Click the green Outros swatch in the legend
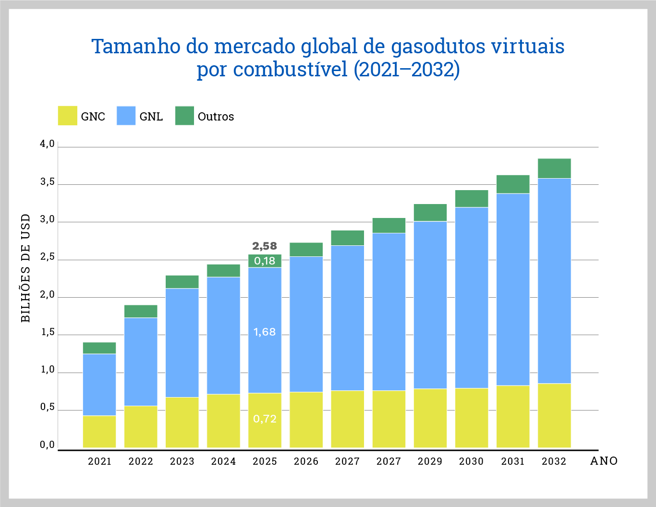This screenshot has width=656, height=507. pos(184,116)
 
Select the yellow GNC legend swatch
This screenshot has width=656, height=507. pos(68,116)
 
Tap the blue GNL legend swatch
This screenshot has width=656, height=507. pos(126,116)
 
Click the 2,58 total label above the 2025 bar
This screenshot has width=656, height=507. pos(265,246)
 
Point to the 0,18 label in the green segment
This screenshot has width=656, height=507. pos(265,261)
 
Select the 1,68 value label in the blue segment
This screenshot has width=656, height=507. pos(265,332)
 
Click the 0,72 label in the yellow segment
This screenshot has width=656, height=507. pos(265,419)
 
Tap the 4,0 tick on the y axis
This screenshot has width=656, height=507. pos(47,144)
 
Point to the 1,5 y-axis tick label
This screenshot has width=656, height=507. pos(47,332)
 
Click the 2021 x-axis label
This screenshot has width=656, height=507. pos(99,461)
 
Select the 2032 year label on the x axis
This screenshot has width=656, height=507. pos(554,461)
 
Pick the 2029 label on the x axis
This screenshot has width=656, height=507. pos(430,461)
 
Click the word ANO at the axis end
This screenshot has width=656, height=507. pos(604,461)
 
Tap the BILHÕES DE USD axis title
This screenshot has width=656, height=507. pos(26,268)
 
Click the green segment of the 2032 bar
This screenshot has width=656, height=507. pos(554,169)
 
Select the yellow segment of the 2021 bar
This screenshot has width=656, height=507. pos(99,432)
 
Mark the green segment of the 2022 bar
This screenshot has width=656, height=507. pos(141,311)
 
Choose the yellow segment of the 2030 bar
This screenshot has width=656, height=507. pos(472,418)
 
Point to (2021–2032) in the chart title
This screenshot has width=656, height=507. pos(406,70)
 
